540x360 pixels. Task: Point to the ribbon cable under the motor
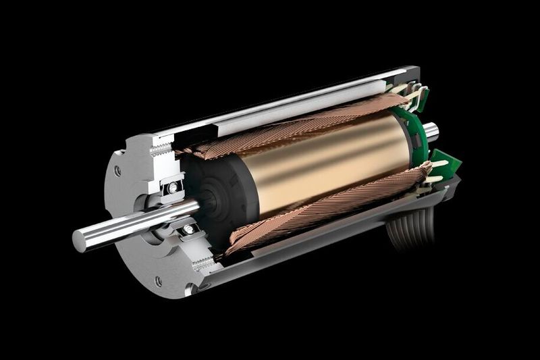[412, 230]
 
